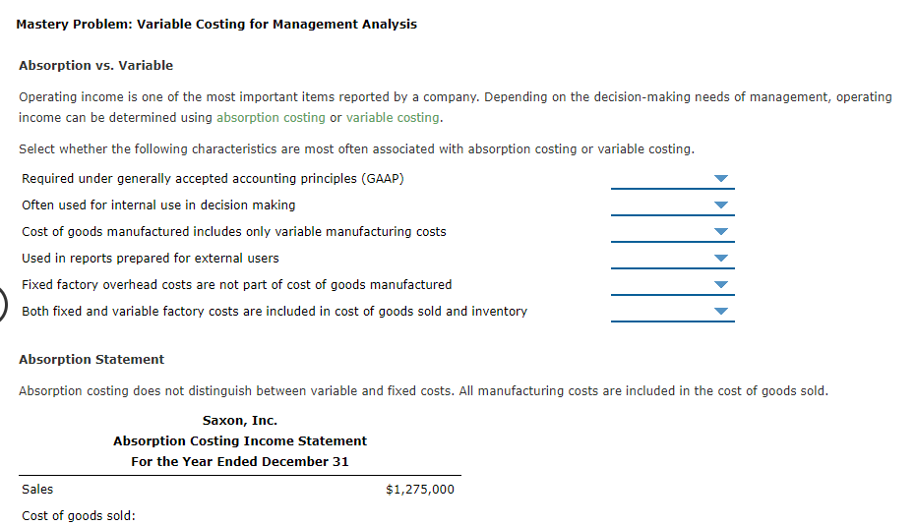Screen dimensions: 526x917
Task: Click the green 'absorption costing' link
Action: click(x=271, y=117)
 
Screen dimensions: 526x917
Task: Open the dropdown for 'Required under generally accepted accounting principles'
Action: click(x=672, y=179)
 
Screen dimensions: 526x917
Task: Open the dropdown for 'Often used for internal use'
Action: click(x=672, y=205)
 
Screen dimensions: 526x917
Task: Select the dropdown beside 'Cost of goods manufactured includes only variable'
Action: click(x=672, y=232)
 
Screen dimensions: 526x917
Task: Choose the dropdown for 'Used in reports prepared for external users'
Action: click(x=672, y=259)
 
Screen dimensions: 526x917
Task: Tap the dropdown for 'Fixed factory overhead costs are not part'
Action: click(x=672, y=285)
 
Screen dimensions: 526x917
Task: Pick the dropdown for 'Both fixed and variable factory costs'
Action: click(x=672, y=312)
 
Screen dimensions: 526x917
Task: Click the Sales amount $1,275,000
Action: click(x=420, y=489)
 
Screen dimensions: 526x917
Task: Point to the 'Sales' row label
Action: click(x=37, y=489)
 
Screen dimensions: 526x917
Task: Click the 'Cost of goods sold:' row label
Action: click(x=78, y=515)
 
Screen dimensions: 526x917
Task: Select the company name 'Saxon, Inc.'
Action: click(x=240, y=420)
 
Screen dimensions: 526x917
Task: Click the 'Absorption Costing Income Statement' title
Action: click(x=240, y=440)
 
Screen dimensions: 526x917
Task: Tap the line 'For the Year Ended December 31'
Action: click(x=240, y=461)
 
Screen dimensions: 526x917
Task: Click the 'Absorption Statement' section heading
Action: click(x=92, y=359)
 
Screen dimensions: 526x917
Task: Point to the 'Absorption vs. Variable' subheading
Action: click(x=95, y=65)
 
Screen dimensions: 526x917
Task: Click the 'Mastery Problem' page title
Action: click(x=216, y=24)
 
